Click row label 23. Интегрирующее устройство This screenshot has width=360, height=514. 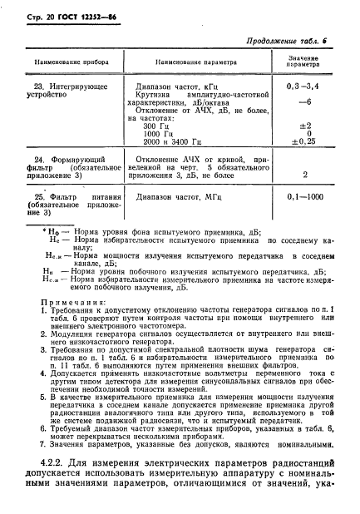(x=75, y=91)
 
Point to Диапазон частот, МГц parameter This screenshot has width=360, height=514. (x=179, y=197)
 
